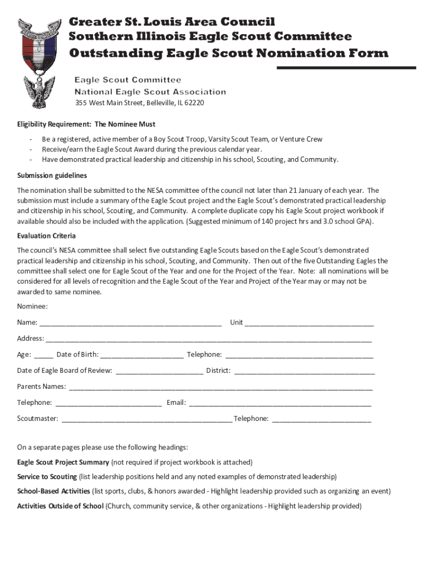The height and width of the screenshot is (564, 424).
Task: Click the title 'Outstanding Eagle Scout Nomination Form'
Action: [x=229, y=53]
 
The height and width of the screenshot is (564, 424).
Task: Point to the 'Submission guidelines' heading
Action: [x=52, y=175]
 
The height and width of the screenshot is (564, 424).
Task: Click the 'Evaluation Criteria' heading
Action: [x=46, y=236]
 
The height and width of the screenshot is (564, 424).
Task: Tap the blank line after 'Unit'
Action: [x=309, y=323]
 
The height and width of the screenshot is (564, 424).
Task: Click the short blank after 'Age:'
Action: [x=44, y=355]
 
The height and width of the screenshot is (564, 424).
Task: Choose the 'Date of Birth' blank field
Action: [x=142, y=355]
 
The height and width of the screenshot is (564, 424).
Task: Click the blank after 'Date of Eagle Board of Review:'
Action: [x=159, y=371]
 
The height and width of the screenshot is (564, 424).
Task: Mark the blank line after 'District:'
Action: [x=304, y=371]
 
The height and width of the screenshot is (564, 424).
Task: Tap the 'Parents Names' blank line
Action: [x=220, y=387]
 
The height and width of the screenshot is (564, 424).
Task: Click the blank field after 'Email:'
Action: [x=280, y=403]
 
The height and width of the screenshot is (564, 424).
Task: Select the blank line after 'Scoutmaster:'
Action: [x=146, y=419]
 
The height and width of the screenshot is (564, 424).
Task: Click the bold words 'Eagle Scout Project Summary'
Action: [x=63, y=462]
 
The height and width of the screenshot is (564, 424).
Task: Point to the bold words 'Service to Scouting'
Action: [x=47, y=476]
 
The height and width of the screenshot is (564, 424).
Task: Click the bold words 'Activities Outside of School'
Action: [x=60, y=506]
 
